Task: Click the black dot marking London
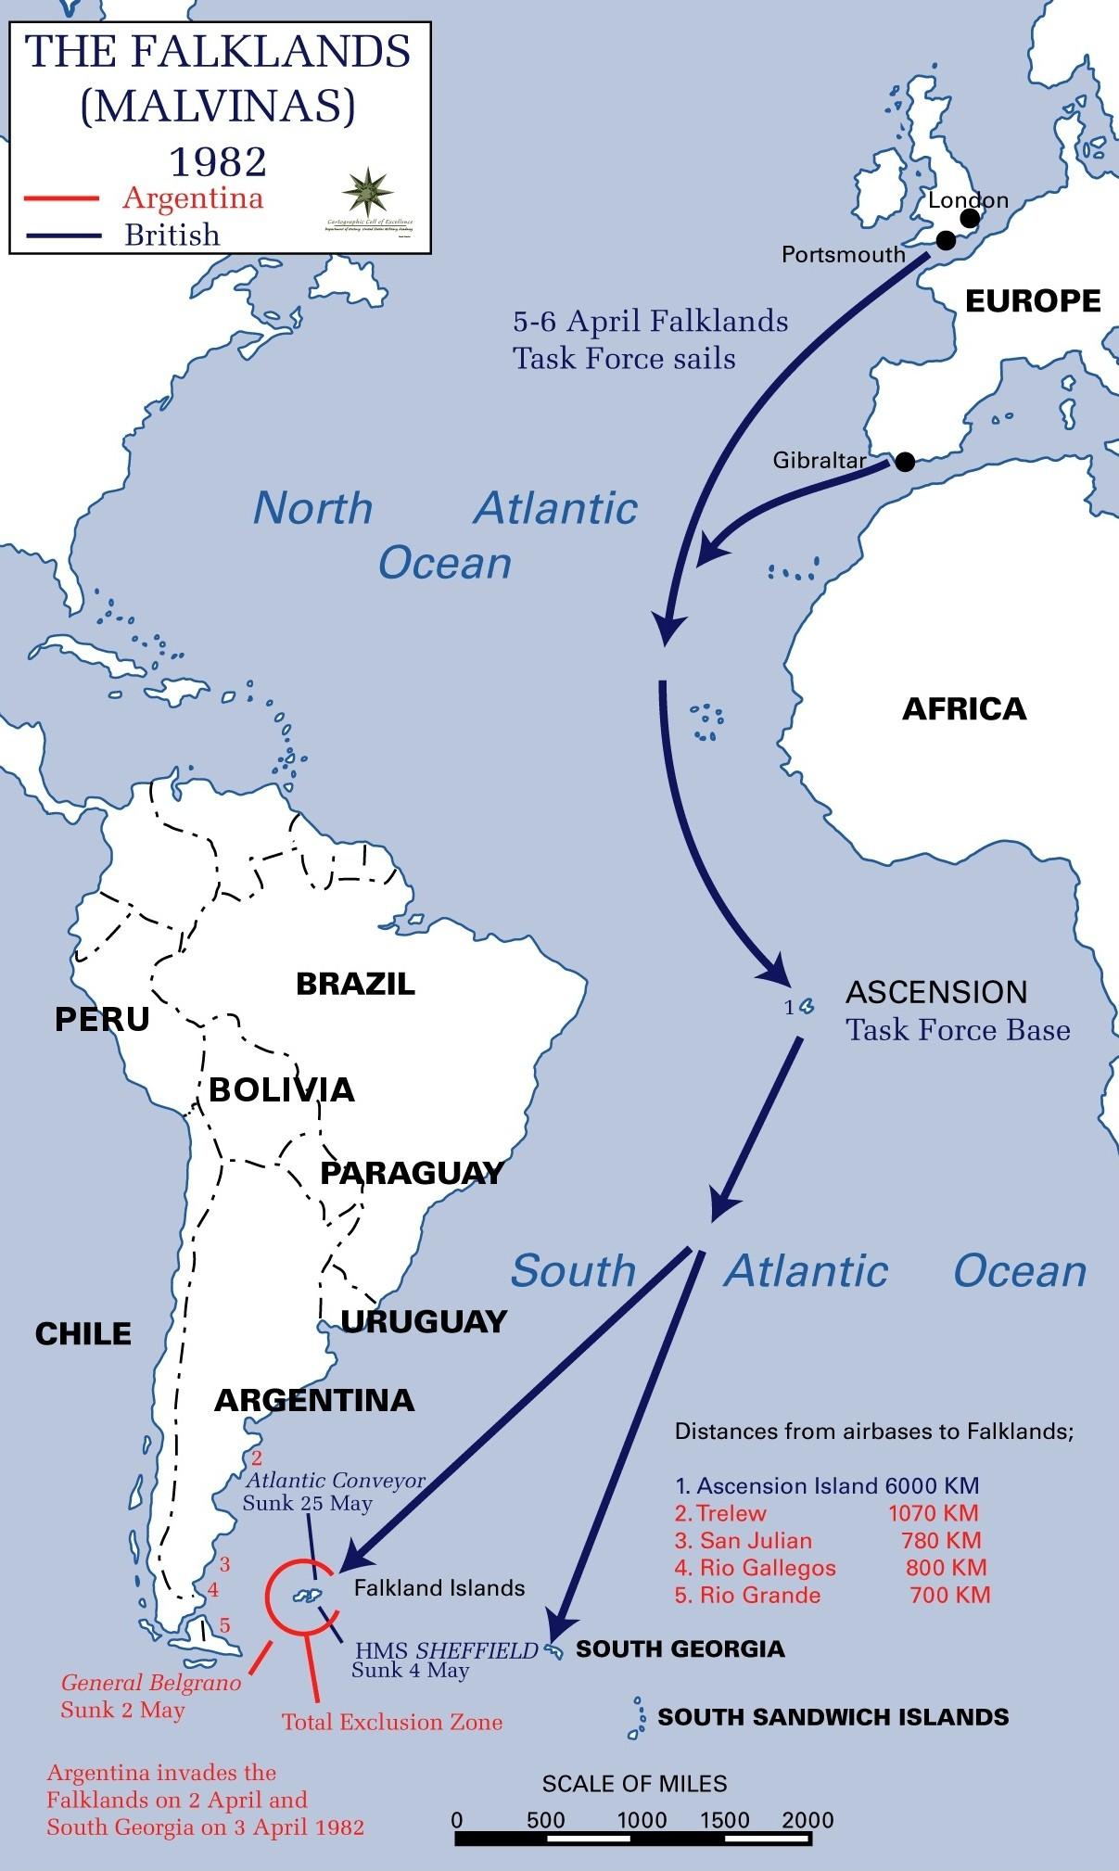pyautogui.click(x=970, y=219)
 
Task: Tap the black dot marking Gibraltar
pyautogui.click(x=905, y=461)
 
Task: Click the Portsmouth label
pyautogui.click(x=843, y=254)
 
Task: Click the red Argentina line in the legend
pyautogui.click(x=63, y=198)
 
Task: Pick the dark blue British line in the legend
pyautogui.click(x=63, y=235)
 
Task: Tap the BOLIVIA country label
pyautogui.click(x=282, y=1089)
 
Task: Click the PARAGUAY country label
pyautogui.click(x=411, y=1173)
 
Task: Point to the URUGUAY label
pyautogui.click(x=424, y=1321)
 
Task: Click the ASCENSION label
pyautogui.click(x=936, y=992)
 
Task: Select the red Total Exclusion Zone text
pyautogui.click(x=392, y=1722)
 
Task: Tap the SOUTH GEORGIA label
pyautogui.click(x=680, y=1648)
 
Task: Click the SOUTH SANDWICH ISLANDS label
pyautogui.click(x=833, y=1717)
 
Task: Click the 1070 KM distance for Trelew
pyautogui.click(x=933, y=1513)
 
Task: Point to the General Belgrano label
pyautogui.click(x=151, y=1683)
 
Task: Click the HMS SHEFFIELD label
pyautogui.click(x=447, y=1650)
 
